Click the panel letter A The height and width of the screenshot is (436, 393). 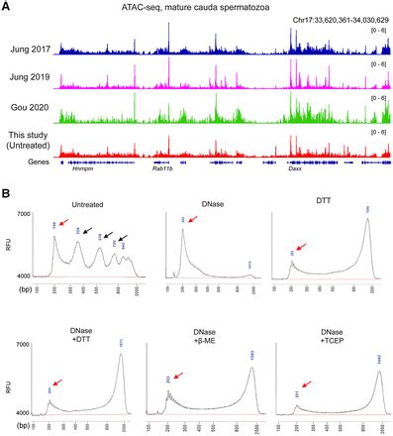[x=7, y=7]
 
